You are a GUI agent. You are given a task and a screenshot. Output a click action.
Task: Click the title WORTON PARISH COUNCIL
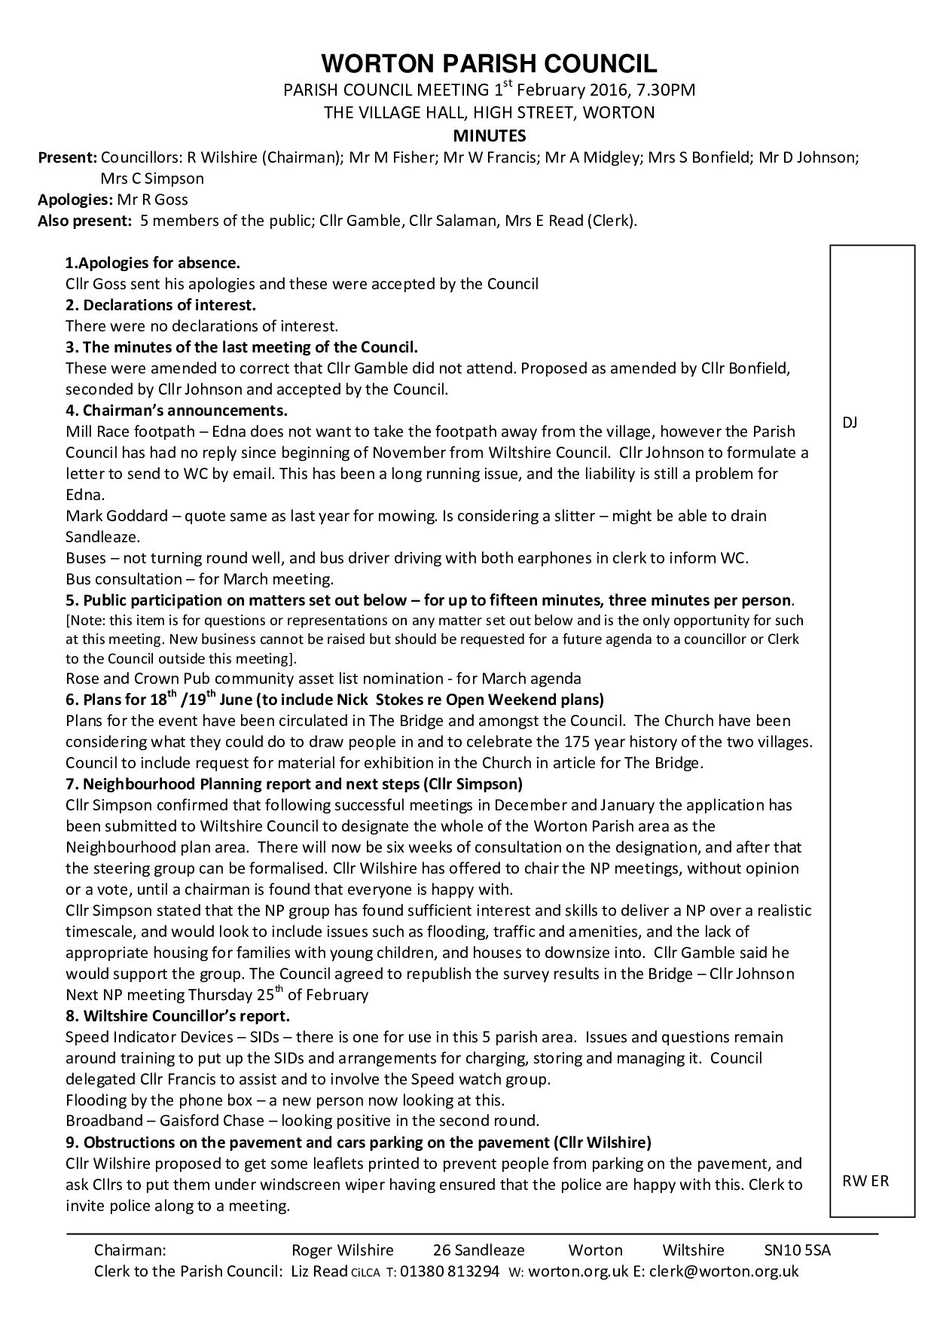[489, 62]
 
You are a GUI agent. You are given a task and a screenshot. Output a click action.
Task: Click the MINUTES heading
[489, 136]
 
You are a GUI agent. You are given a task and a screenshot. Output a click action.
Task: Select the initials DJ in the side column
[850, 423]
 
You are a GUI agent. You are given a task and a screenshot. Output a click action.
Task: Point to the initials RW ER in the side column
[865, 1180]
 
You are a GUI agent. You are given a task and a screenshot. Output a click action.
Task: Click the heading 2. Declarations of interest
[160, 305]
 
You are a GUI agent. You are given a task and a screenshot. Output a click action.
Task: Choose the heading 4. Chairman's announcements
[176, 410]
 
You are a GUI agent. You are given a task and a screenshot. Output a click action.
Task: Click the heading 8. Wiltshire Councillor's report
[178, 1015]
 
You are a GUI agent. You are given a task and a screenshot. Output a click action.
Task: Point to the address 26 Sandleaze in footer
[478, 1250]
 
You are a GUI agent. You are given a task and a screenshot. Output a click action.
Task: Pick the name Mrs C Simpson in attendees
[152, 178]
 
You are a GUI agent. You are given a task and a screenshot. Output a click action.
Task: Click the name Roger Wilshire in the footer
[342, 1250]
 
